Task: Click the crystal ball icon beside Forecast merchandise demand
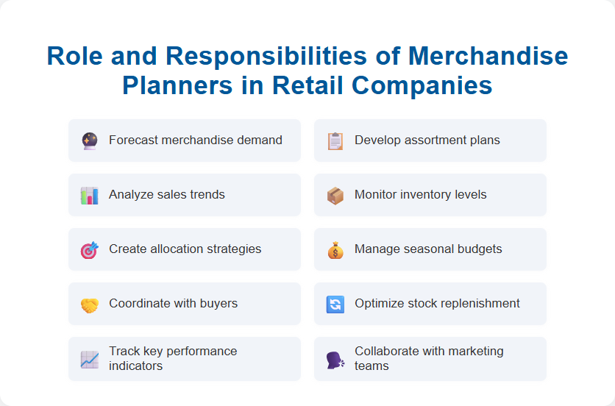(x=89, y=140)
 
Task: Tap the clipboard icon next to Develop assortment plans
(x=335, y=140)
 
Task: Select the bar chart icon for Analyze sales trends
(x=89, y=195)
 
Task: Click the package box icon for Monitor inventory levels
(x=335, y=195)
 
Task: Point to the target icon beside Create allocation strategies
(x=89, y=249)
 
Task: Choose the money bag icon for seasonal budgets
(x=335, y=249)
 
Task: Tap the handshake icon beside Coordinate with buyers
(x=89, y=304)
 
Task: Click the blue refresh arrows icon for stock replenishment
(x=335, y=304)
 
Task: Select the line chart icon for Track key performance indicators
(x=89, y=359)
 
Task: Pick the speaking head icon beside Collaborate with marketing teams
(x=335, y=359)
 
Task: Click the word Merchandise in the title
(x=488, y=57)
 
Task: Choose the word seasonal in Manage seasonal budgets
(x=430, y=249)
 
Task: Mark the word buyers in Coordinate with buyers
(x=218, y=303)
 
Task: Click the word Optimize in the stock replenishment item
(x=378, y=303)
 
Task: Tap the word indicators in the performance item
(x=136, y=366)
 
